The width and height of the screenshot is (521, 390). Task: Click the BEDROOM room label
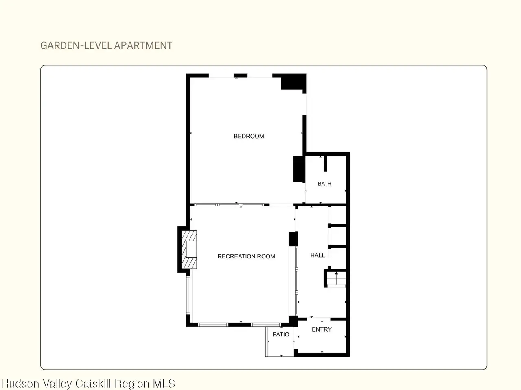(x=249, y=136)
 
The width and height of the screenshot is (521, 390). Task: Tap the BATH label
(x=324, y=184)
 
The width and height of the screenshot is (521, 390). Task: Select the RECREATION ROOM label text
(x=246, y=256)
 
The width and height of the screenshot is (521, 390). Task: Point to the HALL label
(x=317, y=255)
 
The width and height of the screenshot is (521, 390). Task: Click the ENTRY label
(x=322, y=329)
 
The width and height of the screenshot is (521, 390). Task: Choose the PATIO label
(x=281, y=334)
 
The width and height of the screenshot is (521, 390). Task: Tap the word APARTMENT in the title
(x=143, y=45)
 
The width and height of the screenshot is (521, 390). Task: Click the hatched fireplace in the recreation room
(x=189, y=249)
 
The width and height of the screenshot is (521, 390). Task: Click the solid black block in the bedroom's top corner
(x=293, y=82)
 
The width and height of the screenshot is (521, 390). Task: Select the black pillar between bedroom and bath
(x=299, y=169)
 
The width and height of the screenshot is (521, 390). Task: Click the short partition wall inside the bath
(x=325, y=164)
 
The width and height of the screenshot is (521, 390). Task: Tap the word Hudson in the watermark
(x=20, y=383)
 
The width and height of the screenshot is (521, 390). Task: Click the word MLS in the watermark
(x=164, y=383)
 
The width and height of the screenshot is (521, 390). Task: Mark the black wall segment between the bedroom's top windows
(x=241, y=76)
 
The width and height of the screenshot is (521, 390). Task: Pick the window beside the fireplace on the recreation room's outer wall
(x=188, y=295)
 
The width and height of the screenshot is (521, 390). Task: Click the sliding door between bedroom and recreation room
(x=229, y=205)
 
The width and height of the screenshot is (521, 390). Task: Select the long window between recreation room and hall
(x=296, y=281)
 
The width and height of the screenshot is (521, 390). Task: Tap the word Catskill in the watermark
(x=94, y=383)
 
